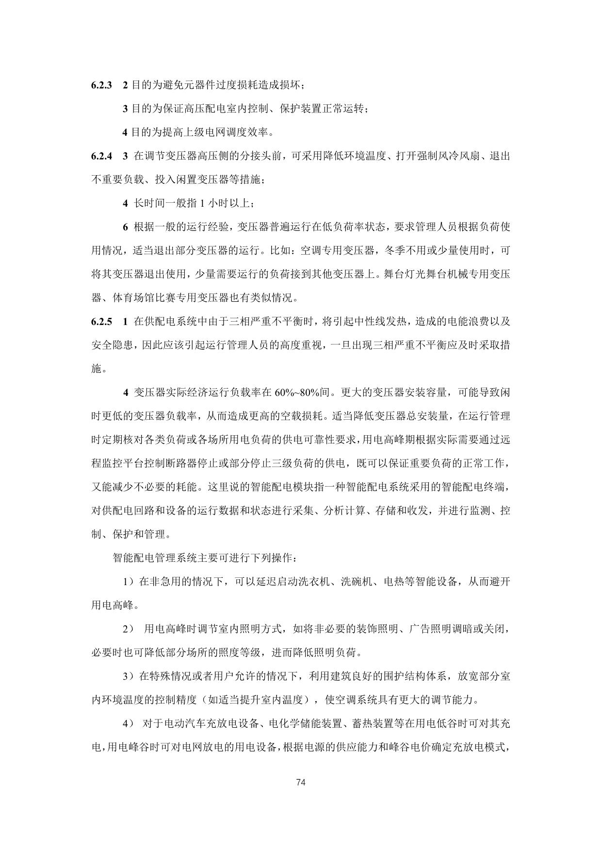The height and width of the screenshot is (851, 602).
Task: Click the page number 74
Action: (x=301, y=782)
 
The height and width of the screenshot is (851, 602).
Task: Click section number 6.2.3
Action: (x=101, y=85)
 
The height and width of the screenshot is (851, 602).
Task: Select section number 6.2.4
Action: (x=101, y=156)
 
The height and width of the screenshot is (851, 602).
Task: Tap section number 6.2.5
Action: (x=101, y=322)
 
